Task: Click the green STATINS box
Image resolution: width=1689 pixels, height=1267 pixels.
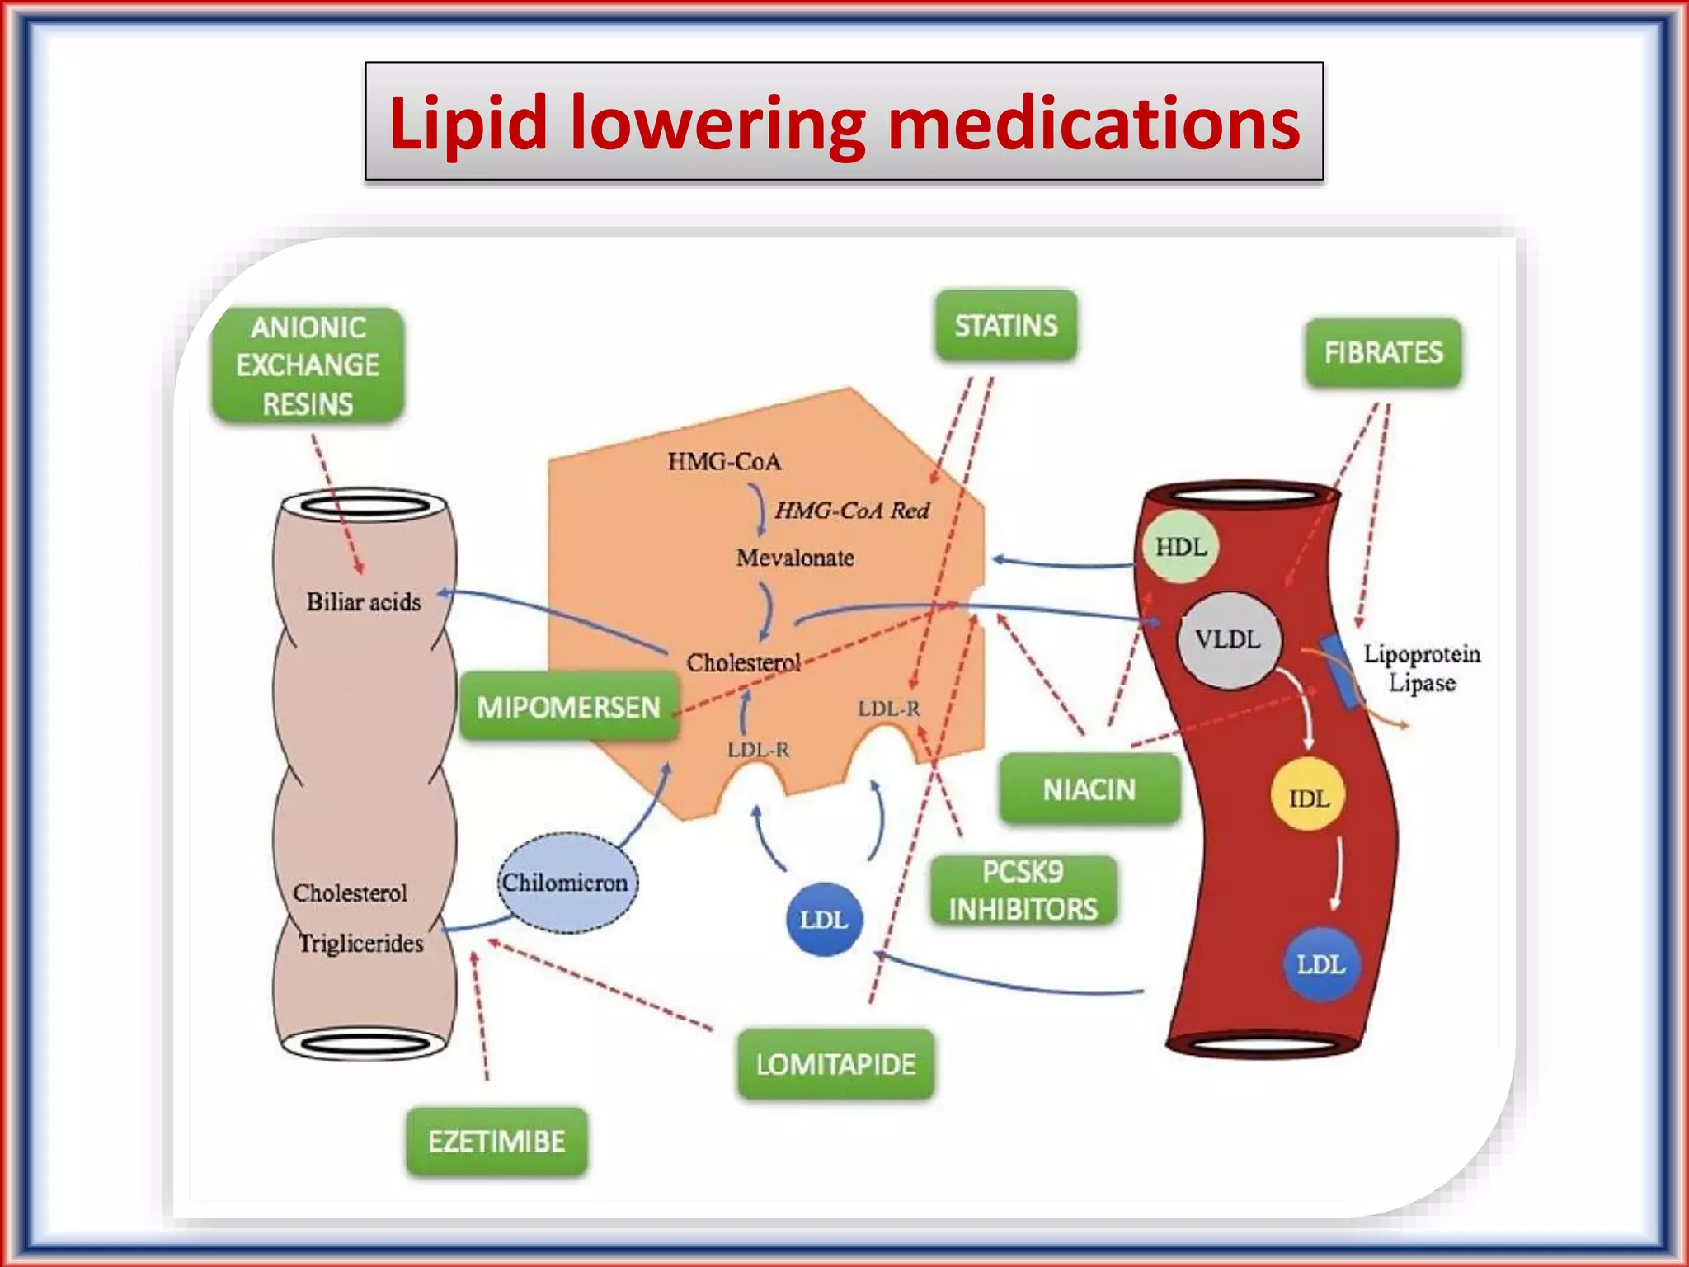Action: point(1005,325)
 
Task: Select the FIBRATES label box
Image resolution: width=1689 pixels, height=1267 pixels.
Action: point(1383,352)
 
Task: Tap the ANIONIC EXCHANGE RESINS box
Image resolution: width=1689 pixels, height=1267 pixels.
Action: point(308,365)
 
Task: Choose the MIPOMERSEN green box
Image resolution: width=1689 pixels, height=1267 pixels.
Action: point(568,707)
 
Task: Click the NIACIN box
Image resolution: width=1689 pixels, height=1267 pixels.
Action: point(1089,789)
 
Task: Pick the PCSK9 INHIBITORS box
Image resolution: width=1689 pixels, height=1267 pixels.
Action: point(1023,891)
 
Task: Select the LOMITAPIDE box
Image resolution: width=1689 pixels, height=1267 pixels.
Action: point(835,1064)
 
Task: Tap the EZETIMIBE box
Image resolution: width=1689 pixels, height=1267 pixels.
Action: point(496,1142)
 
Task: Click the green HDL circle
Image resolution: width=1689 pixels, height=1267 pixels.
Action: point(1180,547)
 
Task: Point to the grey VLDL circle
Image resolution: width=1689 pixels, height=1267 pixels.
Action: point(1229,639)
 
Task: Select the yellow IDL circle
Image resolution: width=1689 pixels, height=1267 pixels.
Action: point(1309,798)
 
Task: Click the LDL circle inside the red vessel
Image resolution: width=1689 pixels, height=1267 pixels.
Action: point(1320,964)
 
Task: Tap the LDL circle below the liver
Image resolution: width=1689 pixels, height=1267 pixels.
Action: point(824,919)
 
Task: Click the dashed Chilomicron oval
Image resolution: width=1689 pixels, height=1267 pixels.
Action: point(566,883)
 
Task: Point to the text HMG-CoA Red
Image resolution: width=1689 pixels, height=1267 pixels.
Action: point(852,511)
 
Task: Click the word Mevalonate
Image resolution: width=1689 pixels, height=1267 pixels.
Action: point(795,558)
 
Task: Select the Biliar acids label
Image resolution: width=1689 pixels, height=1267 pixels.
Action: point(364,601)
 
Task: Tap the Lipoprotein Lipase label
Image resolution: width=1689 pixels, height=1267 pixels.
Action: point(1422,668)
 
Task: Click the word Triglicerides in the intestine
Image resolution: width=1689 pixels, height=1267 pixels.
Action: point(360,943)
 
